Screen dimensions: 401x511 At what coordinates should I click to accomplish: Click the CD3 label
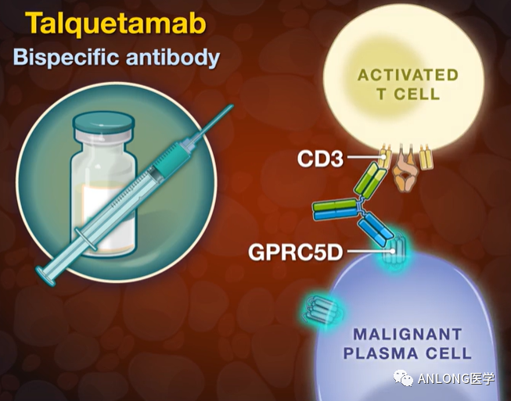[321, 159]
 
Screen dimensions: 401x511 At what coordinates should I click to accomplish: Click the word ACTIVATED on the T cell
[407, 75]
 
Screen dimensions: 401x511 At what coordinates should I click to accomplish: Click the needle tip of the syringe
[232, 106]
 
